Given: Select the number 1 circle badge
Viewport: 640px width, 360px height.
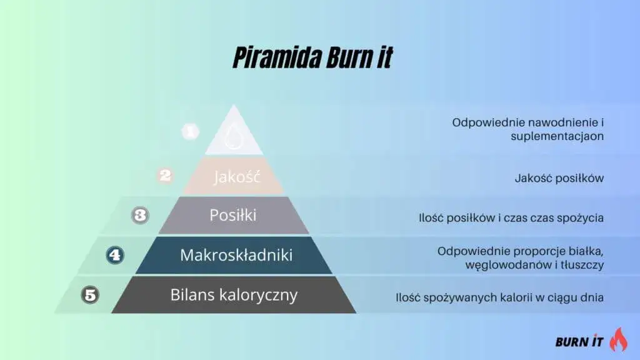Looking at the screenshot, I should (190, 131).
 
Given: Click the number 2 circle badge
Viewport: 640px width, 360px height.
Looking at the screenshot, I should (165, 176).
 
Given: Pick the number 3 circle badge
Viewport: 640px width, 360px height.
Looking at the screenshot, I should (141, 216).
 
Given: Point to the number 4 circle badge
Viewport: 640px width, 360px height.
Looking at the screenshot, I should (116, 255).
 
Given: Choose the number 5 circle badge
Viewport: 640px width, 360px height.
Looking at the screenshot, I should (91, 294).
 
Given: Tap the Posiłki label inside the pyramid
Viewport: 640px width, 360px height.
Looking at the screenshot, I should (232, 216).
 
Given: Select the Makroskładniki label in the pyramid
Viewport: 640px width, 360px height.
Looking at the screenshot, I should (236, 255).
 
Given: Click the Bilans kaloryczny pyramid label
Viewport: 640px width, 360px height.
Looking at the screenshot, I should (234, 294).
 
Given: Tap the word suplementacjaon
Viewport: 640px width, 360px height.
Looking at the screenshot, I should (557, 136).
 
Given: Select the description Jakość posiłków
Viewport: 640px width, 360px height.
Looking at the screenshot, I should (559, 178).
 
